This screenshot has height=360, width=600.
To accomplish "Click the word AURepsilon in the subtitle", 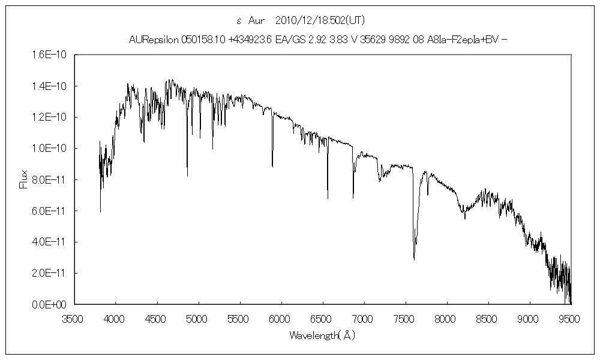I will (x=153, y=40).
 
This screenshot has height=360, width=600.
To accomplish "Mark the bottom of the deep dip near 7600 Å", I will (x=414, y=259).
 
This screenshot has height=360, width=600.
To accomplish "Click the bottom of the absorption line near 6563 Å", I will (x=328, y=198).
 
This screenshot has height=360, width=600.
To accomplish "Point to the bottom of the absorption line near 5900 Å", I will (x=272, y=166).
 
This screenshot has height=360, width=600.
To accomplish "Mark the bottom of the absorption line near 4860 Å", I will (x=187, y=176).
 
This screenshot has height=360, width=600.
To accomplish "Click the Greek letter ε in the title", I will (x=239, y=20).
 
